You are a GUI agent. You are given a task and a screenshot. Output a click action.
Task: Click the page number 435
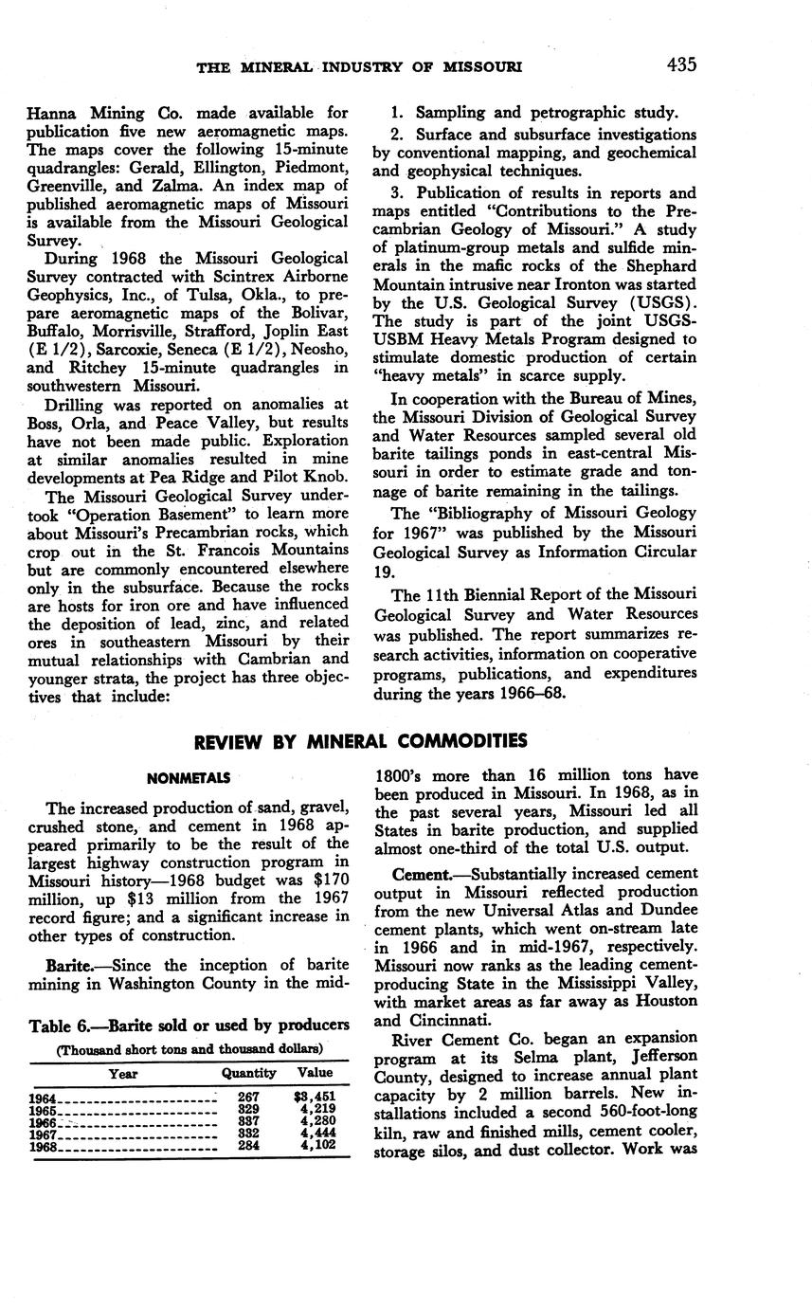681,65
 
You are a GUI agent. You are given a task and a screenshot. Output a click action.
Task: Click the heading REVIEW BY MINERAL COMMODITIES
361,740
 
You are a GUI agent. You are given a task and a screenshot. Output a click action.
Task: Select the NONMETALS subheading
189,778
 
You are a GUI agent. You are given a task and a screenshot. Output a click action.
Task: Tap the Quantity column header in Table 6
248,1074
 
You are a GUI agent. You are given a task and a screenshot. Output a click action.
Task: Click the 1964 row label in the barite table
44,1098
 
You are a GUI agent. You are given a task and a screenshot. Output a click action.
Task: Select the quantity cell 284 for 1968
248,1145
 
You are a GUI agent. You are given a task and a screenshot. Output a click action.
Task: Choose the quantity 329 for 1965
248,1109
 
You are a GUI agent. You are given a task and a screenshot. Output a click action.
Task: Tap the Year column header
123,1074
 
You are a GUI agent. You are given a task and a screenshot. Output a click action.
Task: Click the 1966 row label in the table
44,1121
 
